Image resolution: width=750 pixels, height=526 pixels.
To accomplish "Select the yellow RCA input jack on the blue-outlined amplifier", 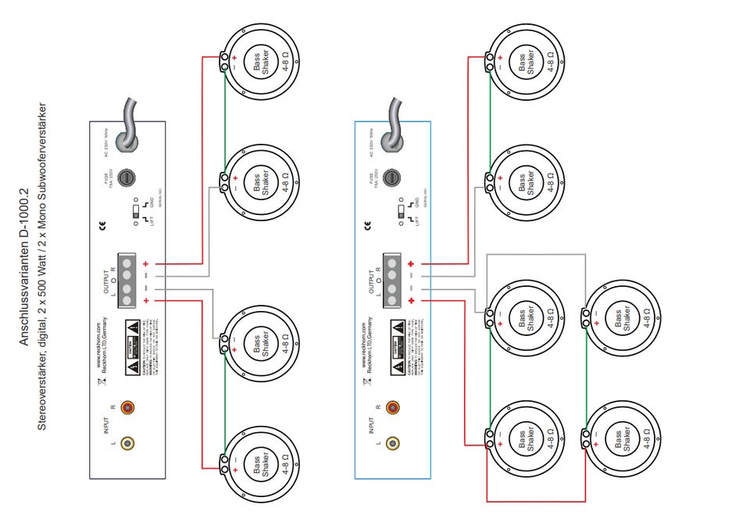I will [392, 444].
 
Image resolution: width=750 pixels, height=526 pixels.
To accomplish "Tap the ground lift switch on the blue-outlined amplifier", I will [398, 211].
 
